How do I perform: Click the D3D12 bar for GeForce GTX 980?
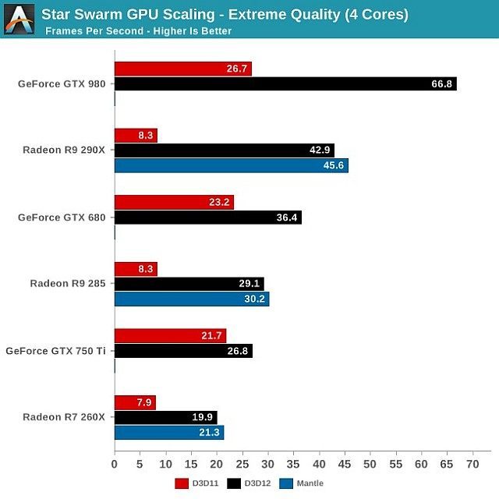pos(285,83)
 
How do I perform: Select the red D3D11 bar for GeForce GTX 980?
pos(183,69)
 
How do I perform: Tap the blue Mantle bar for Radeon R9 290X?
pos(231,165)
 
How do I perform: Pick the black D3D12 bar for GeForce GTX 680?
pos(207,218)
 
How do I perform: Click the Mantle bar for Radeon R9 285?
pos(192,299)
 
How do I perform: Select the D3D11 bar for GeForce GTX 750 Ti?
pos(170,336)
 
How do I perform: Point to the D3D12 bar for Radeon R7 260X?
pos(165,417)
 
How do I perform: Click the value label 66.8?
pos(442,83)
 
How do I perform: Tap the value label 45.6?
pos(334,165)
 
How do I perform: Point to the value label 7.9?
pos(145,402)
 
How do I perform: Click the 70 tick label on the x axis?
pos(472,465)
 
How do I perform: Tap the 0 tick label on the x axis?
pos(115,465)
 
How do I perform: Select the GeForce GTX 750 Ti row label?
pos(55,351)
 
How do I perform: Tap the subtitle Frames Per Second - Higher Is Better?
pos(138,31)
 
